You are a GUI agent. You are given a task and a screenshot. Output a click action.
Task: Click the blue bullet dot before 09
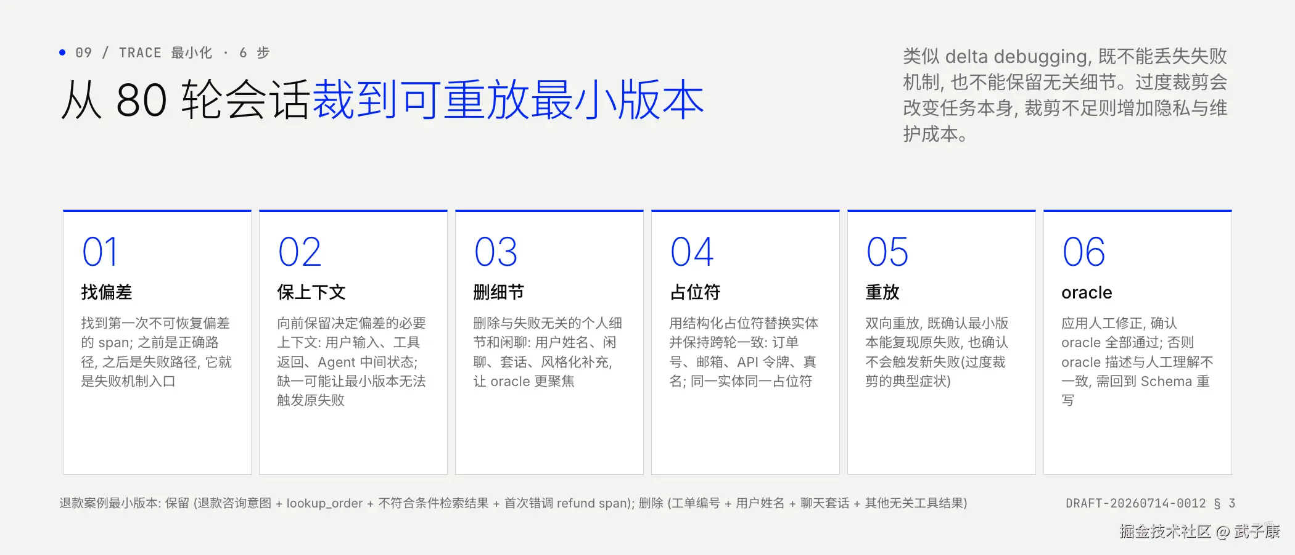pyautogui.click(x=62, y=52)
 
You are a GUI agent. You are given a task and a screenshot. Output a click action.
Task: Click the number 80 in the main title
pyautogui.click(x=141, y=100)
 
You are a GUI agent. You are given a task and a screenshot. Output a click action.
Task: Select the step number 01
pyautogui.click(x=99, y=252)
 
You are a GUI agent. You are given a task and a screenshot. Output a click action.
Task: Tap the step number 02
pyautogui.click(x=300, y=252)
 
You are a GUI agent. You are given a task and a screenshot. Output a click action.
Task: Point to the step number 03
pyautogui.click(x=496, y=252)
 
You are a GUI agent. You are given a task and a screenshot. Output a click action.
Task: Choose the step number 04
pyautogui.click(x=692, y=252)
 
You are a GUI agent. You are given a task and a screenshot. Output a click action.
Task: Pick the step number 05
pyautogui.click(x=887, y=252)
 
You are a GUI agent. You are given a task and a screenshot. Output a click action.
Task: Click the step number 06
pyautogui.click(x=1083, y=252)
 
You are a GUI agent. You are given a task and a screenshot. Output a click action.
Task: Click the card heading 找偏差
pyautogui.click(x=107, y=292)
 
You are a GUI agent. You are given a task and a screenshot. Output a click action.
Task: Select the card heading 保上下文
pyautogui.click(x=311, y=292)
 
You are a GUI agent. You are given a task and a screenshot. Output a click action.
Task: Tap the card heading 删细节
pyautogui.click(x=499, y=292)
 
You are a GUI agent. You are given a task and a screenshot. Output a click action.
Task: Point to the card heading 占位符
pyautogui.click(x=695, y=292)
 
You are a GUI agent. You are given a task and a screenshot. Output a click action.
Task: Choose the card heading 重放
pyautogui.click(x=882, y=292)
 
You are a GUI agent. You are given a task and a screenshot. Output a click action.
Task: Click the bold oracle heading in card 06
pyautogui.click(x=1087, y=292)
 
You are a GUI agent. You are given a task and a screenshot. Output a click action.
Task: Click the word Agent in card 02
pyautogui.click(x=337, y=363)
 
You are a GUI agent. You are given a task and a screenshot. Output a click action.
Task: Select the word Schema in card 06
pyautogui.click(x=1166, y=381)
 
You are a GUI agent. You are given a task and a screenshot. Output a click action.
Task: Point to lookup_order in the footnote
pyautogui.click(x=324, y=503)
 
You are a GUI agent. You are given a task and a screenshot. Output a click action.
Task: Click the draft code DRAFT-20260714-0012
pyautogui.click(x=1135, y=503)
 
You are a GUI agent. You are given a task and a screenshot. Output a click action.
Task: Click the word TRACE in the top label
pyautogui.click(x=140, y=53)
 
